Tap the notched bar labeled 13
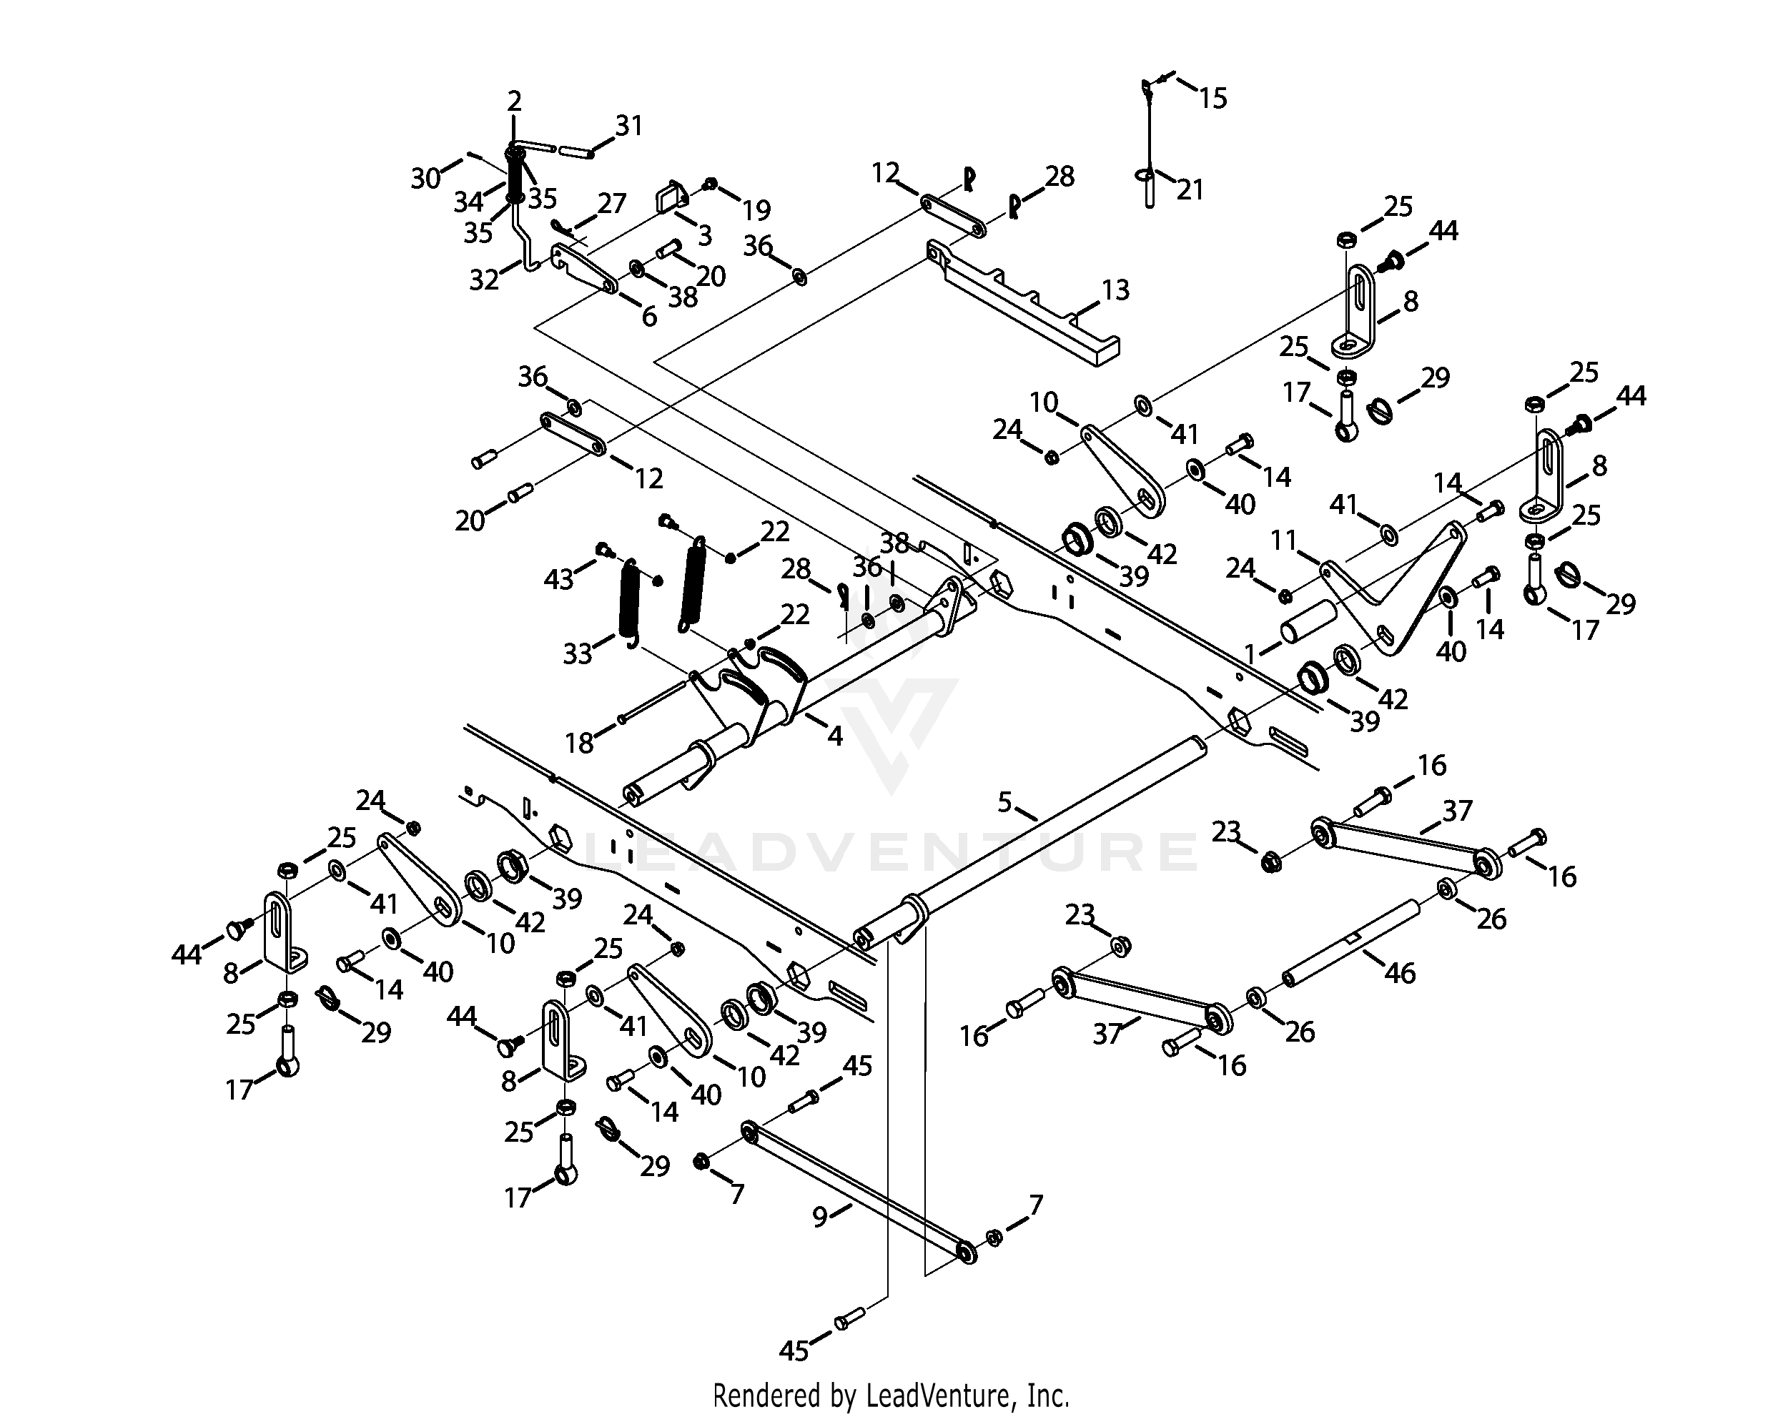tap(1025, 306)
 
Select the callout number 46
tap(1399, 973)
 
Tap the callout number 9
tap(819, 1217)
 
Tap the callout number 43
tap(558, 579)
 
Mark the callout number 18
tap(579, 743)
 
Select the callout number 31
tap(628, 126)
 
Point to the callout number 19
tap(756, 210)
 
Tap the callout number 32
tap(484, 280)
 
